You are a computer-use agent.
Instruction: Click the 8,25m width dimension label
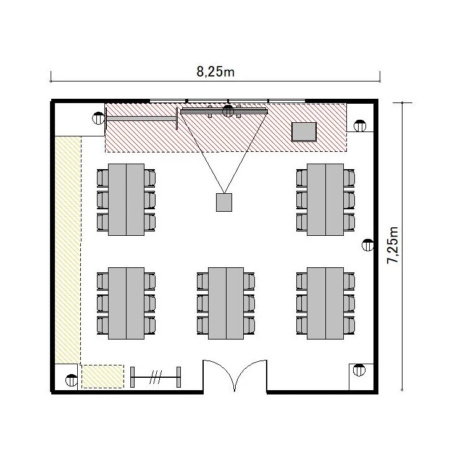click(215, 72)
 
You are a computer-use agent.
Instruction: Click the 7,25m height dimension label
click(393, 245)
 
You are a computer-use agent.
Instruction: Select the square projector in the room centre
click(224, 202)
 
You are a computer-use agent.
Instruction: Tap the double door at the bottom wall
click(235, 375)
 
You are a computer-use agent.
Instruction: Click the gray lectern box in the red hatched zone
click(304, 132)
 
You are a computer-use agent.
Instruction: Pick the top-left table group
click(126, 199)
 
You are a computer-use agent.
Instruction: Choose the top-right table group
click(325, 199)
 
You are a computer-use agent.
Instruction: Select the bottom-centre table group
click(226, 303)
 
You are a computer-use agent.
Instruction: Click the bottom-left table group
click(126, 303)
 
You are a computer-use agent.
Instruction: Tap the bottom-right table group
click(325, 303)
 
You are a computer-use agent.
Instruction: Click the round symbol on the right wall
click(368, 245)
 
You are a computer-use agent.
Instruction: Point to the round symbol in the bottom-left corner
click(71, 380)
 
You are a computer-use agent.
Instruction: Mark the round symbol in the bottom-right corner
click(359, 370)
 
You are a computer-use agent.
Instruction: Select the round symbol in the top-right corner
click(360, 126)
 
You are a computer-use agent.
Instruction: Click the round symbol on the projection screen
click(228, 111)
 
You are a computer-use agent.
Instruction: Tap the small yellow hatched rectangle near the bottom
click(102, 377)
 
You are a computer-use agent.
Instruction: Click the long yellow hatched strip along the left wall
click(68, 250)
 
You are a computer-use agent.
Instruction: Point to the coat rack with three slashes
click(156, 377)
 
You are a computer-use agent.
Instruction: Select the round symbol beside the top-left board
click(98, 119)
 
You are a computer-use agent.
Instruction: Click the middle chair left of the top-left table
click(102, 200)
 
